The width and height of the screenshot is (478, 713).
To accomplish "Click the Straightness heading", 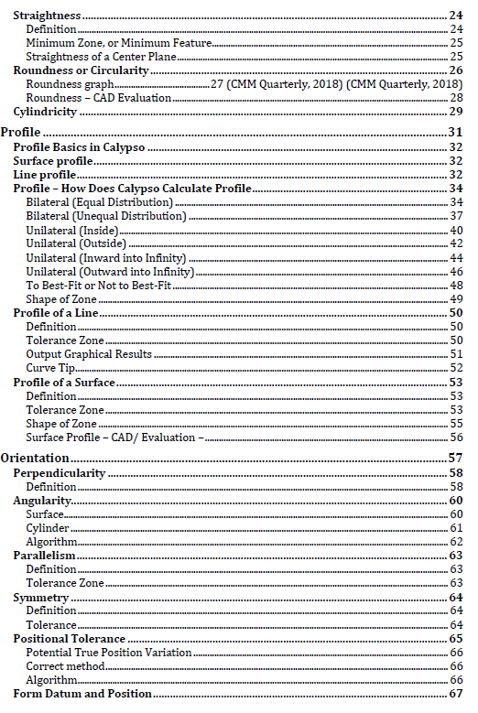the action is pos(47,16).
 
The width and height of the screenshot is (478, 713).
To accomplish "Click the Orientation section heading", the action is pos(36,458).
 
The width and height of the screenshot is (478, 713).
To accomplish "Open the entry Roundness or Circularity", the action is pos(81,70).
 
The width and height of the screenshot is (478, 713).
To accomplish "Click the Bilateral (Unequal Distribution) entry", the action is pos(106,216).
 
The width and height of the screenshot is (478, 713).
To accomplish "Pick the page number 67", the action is pos(455,694).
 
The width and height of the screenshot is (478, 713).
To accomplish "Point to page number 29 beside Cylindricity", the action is pos(455,112).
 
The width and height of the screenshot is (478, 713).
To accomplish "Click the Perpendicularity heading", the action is pos(59,473).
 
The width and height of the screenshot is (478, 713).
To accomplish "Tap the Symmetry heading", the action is pos(41,597).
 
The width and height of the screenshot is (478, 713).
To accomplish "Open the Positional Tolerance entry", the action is pos(69,638).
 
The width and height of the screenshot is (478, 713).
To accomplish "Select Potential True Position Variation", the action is pos(109,653).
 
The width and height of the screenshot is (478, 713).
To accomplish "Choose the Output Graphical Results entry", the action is pos(89,353).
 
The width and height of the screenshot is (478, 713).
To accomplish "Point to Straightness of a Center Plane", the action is pos(101,57).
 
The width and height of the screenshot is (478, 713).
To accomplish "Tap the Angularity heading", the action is pos(43,501).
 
